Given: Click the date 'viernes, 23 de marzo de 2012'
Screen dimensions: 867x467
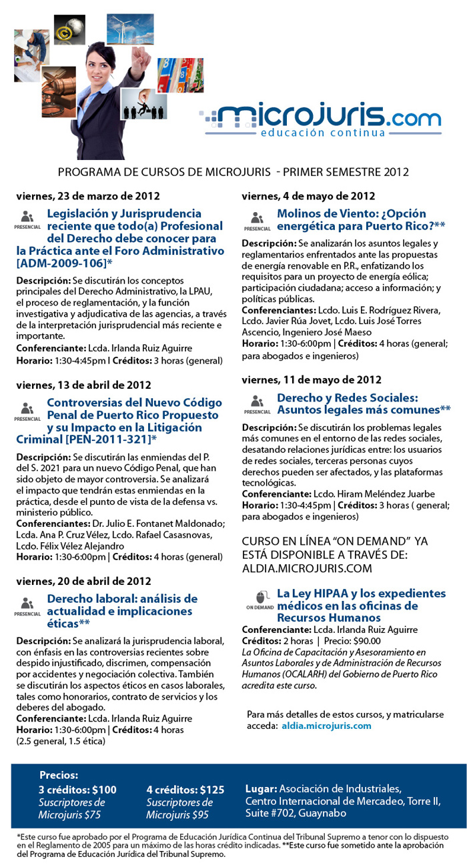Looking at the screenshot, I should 88,197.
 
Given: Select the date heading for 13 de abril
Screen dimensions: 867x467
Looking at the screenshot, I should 83,385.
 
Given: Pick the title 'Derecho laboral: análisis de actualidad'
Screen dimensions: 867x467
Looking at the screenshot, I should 121,598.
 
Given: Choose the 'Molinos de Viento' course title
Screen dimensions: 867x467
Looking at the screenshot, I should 352,214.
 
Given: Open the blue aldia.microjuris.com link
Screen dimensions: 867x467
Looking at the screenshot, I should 326,726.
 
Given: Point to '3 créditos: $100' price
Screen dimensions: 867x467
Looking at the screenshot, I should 77,790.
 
